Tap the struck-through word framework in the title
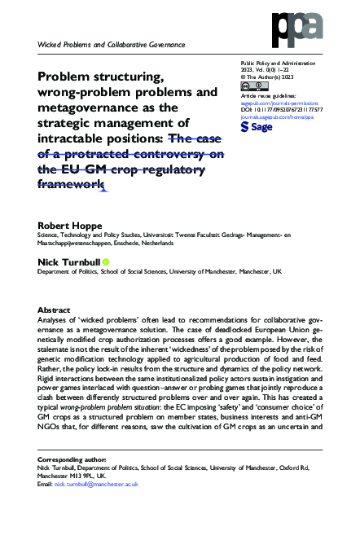pos(72,184)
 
